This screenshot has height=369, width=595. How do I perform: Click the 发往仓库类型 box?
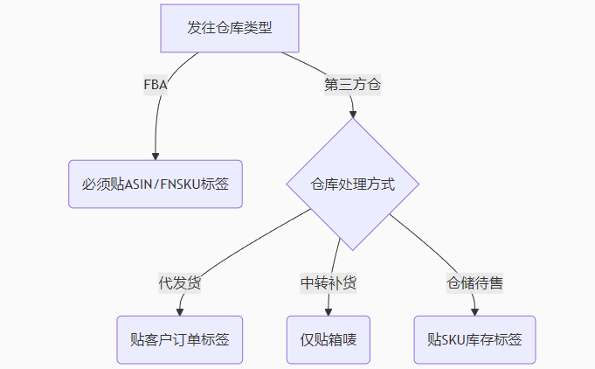[x=230, y=27]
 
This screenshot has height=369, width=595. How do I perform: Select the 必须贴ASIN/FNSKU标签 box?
[x=156, y=184]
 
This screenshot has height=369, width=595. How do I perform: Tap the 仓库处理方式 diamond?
[x=353, y=184]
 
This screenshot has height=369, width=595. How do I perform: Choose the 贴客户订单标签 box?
[x=180, y=339]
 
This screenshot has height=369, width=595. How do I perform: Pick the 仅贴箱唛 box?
[x=329, y=339]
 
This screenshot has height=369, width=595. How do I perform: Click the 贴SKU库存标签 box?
[x=474, y=339]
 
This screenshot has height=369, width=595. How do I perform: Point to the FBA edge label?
[x=156, y=86]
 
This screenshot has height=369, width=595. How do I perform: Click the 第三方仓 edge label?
[x=352, y=86]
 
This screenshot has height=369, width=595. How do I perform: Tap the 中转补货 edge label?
[x=329, y=283]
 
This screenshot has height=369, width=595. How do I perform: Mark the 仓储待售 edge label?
[x=475, y=283]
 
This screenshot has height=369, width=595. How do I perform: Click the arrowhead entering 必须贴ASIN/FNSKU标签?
[x=156, y=156]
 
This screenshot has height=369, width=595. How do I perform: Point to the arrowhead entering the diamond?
[x=353, y=113]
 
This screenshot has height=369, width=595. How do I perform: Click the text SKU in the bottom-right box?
[x=455, y=339]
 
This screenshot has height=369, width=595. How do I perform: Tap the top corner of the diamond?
[x=353, y=119]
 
